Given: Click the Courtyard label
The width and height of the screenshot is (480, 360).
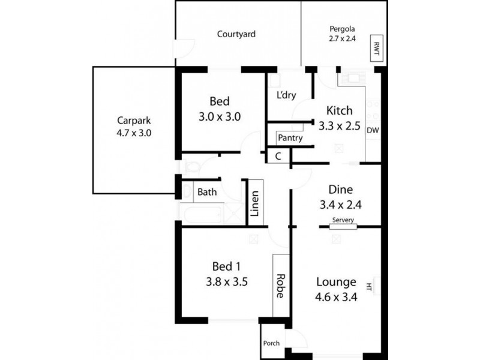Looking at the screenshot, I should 236,34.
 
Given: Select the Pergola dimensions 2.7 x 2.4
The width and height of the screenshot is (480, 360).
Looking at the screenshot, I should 342,39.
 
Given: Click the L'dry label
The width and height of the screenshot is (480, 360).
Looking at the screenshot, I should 286,95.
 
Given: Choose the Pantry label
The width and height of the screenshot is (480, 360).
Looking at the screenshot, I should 290,138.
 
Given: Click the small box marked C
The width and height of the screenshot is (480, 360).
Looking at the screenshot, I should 278,156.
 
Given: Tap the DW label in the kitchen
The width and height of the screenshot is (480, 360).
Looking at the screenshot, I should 373,130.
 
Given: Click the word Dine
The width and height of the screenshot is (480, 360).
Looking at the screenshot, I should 341,189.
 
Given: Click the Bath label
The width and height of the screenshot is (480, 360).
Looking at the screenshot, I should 207,193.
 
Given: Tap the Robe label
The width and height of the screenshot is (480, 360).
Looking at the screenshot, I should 280,286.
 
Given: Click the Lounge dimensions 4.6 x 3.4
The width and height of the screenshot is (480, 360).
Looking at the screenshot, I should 336,296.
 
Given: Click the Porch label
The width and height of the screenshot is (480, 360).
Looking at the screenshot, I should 271,343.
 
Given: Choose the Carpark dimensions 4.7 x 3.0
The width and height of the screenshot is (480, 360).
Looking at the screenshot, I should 134,133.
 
